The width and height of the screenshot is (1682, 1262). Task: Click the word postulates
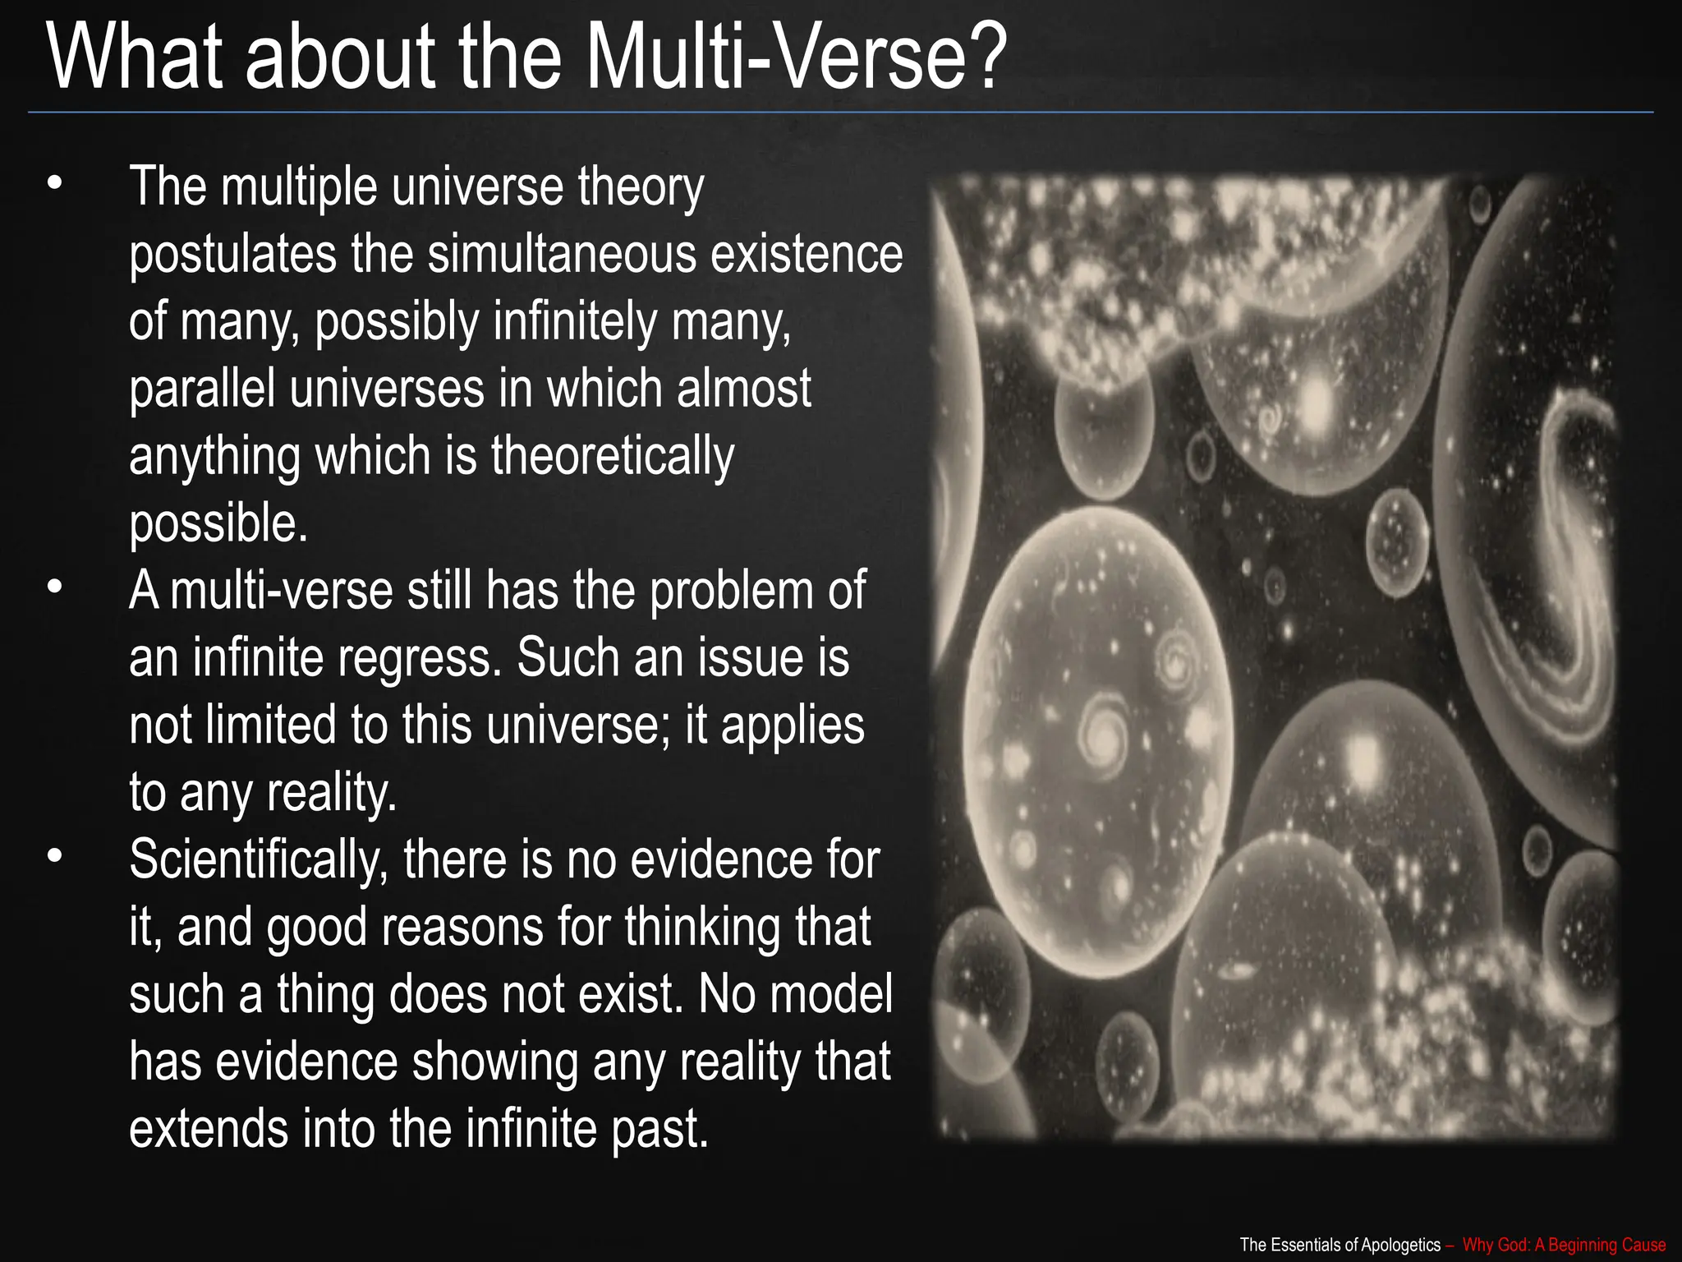[232, 255]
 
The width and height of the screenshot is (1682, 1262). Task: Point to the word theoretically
[613, 457]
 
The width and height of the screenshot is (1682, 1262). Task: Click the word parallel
[202, 389]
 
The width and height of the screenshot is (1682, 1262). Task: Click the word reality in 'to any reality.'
[332, 794]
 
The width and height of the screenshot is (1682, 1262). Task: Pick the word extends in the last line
[209, 1129]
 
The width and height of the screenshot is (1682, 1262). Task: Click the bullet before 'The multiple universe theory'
[54, 184]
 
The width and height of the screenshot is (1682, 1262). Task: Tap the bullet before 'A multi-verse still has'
[54, 588]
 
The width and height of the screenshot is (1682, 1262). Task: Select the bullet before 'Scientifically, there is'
[54, 857]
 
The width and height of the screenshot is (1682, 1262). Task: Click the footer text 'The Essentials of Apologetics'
[1340, 1245]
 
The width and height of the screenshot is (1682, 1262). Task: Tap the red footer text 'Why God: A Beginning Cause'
[1564, 1245]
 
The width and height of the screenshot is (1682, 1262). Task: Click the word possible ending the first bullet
[217, 524]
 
